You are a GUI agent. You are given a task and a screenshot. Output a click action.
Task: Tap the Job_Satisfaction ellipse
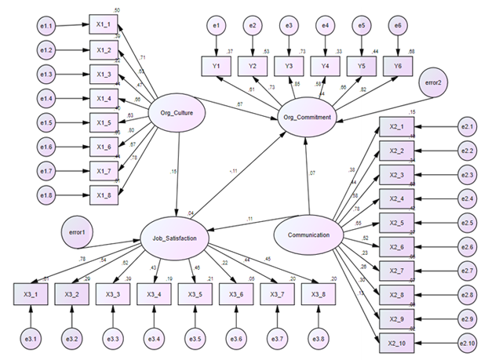pyautogui.click(x=175, y=235)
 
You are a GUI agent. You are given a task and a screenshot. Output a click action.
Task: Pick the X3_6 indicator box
pyautogui.click(x=234, y=295)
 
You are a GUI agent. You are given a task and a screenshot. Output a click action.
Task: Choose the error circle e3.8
pyautogui.click(x=319, y=340)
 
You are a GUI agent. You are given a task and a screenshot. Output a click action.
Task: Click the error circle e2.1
pyautogui.click(x=468, y=125)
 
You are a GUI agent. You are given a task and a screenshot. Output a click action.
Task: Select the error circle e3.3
pyautogui.click(x=112, y=340)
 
